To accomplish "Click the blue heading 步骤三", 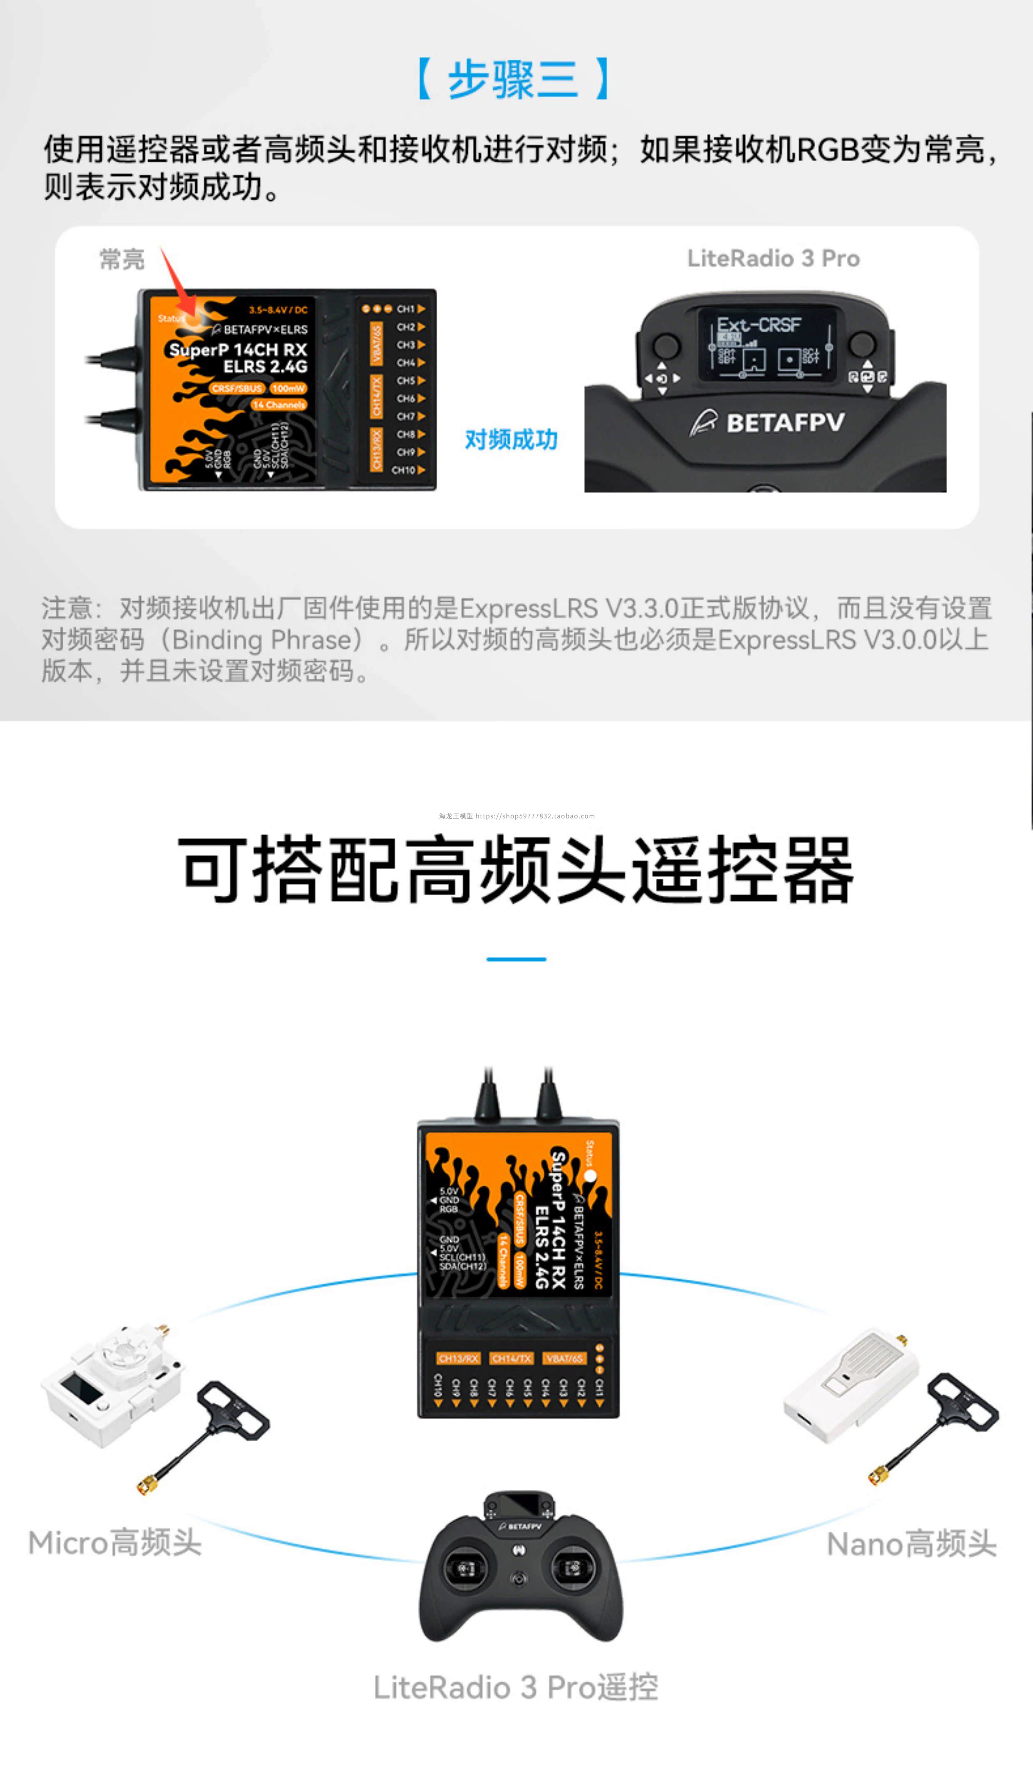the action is tap(513, 79).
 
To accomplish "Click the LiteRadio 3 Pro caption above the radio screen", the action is tap(773, 258).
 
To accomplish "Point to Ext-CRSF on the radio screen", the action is tap(759, 324).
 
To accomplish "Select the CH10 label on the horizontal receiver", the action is tap(404, 470).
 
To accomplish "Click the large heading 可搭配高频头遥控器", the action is tap(516, 870).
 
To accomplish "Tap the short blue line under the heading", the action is tap(516, 959).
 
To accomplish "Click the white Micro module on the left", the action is tap(112, 1383).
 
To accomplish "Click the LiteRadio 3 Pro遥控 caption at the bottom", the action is tap(515, 1687).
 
